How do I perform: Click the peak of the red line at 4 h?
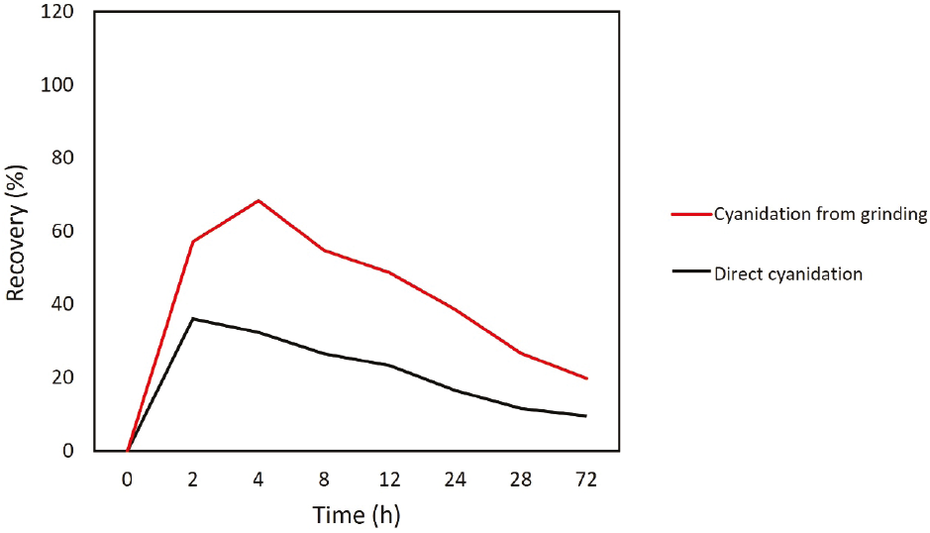coord(258,200)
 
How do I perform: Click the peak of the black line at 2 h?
coord(193,318)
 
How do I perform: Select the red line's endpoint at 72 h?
coord(586,378)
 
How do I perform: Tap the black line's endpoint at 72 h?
coord(586,416)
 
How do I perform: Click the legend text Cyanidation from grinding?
coord(820,215)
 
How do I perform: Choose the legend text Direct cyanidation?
coord(787,273)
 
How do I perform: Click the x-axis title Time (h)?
coord(357,515)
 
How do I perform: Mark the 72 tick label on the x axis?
coord(586,480)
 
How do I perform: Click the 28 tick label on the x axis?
coord(521,480)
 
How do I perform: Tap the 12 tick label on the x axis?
coord(390,480)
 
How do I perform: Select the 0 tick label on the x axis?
coord(128,480)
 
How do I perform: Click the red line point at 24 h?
coord(456,310)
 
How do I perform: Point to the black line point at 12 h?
coord(390,365)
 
